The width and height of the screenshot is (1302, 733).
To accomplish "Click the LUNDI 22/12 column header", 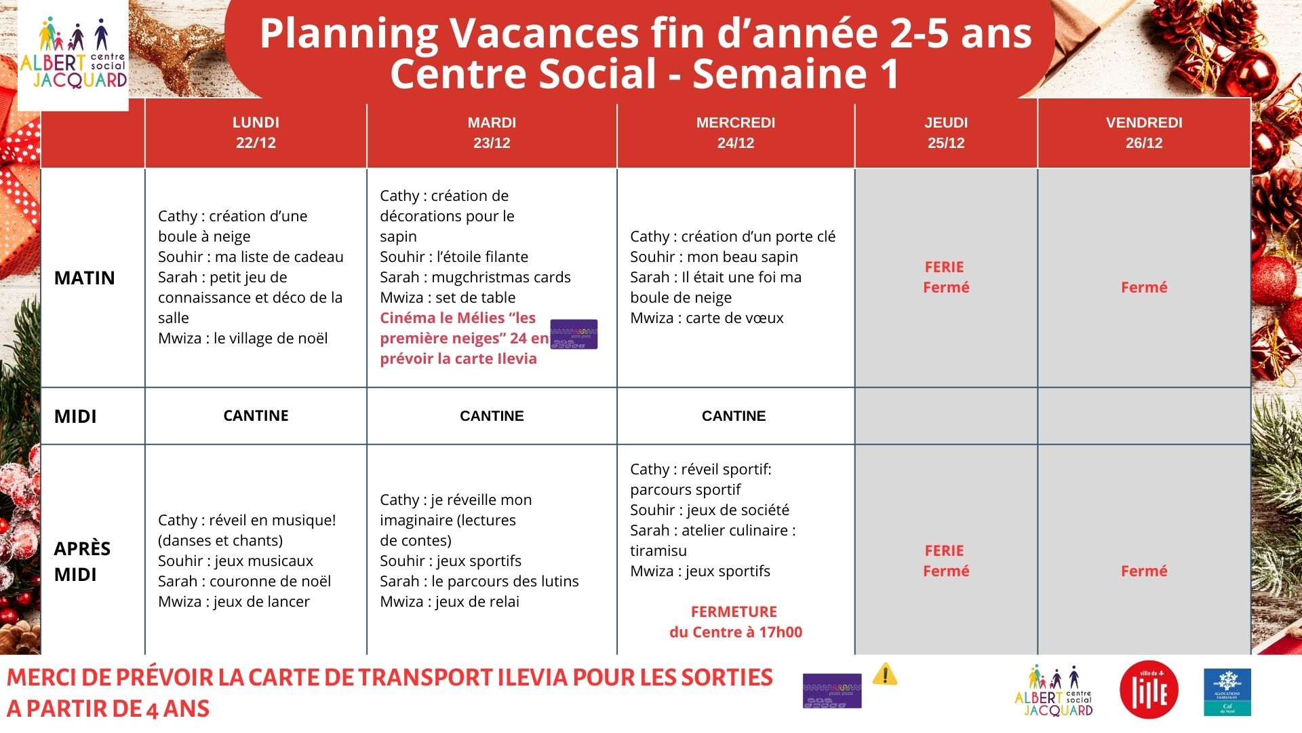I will [256, 132].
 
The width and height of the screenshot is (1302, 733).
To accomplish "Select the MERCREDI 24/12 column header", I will [735, 132].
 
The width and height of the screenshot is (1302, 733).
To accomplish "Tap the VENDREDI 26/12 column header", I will [1144, 132].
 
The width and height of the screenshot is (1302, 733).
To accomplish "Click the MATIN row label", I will [85, 278].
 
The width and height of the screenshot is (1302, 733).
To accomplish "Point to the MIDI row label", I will [75, 416].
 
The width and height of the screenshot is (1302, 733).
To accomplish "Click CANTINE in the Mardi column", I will [492, 416].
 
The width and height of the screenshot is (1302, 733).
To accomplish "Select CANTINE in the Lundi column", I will [256, 416].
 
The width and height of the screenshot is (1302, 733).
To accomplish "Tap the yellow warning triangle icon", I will [884, 674].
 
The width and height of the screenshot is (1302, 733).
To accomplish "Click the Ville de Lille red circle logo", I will [1149, 690].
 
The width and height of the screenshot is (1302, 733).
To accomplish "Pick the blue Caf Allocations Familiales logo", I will [1227, 692].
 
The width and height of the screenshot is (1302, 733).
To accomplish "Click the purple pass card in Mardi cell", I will [574, 334].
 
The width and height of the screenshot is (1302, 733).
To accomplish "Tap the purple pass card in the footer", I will [832, 690].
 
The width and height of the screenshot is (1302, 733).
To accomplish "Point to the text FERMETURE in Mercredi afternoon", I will [734, 612].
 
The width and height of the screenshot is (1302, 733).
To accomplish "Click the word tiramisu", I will [658, 550].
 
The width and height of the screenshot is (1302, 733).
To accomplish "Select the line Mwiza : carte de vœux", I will [707, 318].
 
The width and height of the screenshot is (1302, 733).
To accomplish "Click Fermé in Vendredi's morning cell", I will [1144, 287].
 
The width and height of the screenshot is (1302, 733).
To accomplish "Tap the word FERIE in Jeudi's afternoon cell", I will [944, 550].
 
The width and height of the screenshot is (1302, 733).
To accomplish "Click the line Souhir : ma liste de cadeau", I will [251, 257].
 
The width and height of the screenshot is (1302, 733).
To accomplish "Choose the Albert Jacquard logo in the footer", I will [1054, 691].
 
